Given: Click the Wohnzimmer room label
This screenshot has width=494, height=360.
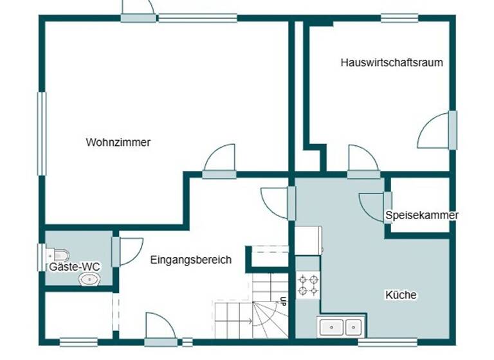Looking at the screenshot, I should (118, 143).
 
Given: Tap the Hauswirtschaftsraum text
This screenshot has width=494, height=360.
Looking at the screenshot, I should (392, 63).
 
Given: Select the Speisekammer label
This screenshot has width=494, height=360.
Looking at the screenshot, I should (422, 215).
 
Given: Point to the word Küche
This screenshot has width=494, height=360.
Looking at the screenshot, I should (401, 295).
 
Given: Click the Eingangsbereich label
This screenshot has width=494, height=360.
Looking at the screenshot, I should (190, 260).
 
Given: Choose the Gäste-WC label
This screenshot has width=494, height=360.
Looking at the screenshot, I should (75, 266).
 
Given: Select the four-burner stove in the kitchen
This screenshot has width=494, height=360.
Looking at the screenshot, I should (307, 285).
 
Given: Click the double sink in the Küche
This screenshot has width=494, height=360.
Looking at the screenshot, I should (340, 327).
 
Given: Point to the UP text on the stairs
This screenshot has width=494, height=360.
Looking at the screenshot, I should (283, 301).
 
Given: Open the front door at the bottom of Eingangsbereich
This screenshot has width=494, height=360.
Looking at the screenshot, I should (161, 331).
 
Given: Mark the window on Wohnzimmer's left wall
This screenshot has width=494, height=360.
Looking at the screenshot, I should (42, 133).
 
